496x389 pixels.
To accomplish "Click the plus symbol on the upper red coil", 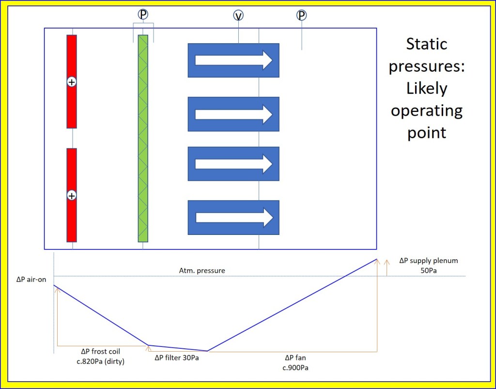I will (72, 82).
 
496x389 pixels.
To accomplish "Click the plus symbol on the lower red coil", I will (72, 196).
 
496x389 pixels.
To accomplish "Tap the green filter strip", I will (143, 138).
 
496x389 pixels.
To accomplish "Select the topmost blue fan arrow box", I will (233, 60).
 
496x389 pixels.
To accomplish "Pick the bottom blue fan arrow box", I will (233, 218).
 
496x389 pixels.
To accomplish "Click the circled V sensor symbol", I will (238, 16).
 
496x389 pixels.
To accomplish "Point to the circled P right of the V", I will (302, 16).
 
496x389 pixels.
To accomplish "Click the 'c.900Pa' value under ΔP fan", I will (295, 367).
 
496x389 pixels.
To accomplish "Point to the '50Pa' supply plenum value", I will (428, 270).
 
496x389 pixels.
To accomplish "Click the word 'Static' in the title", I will (426, 44).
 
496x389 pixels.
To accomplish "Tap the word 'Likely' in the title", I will (426, 89).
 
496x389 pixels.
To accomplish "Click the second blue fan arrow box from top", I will (233, 114).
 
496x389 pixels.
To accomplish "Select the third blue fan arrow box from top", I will (233, 163).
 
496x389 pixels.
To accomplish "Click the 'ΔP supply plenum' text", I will (428, 261).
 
